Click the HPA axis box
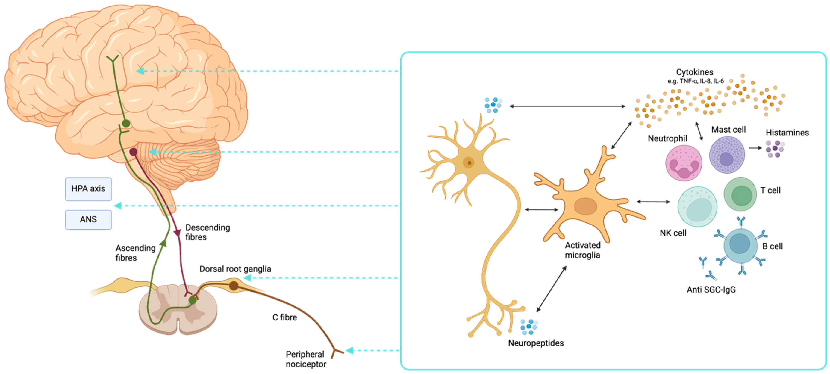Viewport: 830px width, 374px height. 88,189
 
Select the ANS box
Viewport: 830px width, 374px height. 88,219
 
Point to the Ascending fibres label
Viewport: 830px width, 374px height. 135,253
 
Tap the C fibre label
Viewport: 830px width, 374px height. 284,317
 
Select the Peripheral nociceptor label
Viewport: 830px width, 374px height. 305,359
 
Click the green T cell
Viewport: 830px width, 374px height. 740,194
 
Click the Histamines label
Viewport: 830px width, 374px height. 787,133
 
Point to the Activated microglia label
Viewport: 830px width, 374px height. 582,250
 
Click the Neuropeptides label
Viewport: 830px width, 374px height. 536,343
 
